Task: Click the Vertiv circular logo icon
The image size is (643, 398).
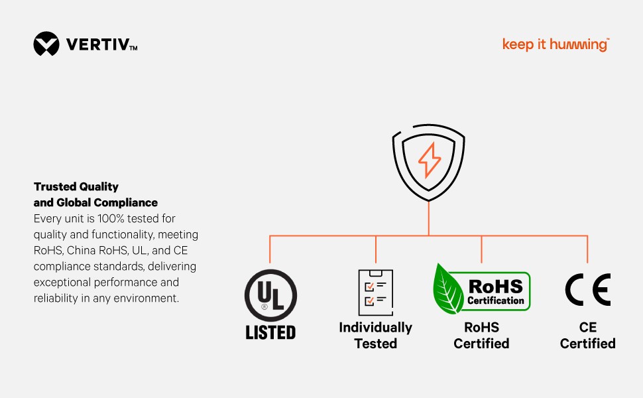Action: (x=46, y=44)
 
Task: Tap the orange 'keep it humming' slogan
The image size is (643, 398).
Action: (x=555, y=45)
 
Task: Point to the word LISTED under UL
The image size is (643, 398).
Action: (x=270, y=332)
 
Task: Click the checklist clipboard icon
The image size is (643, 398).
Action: (x=375, y=292)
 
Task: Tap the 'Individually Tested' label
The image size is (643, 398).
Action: (x=375, y=336)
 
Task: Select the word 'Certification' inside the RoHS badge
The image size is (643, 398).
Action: (x=496, y=300)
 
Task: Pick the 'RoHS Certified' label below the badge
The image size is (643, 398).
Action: (x=481, y=336)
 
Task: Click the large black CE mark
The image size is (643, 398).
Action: (x=587, y=290)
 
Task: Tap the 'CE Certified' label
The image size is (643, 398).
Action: (x=587, y=336)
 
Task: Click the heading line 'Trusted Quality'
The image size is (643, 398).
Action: (x=76, y=187)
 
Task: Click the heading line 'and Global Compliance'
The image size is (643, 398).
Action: (x=95, y=202)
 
